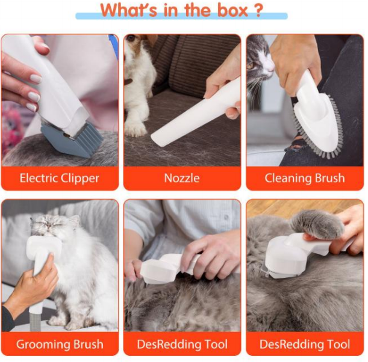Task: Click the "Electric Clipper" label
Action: click(x=59, y=178)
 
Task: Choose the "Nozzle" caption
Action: click(x=182, y=178)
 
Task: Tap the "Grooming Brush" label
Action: click(x=59, y=345)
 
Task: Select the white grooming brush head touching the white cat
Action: click(x=39, y=253)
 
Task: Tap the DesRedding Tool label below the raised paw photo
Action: click(x=305, y=345)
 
